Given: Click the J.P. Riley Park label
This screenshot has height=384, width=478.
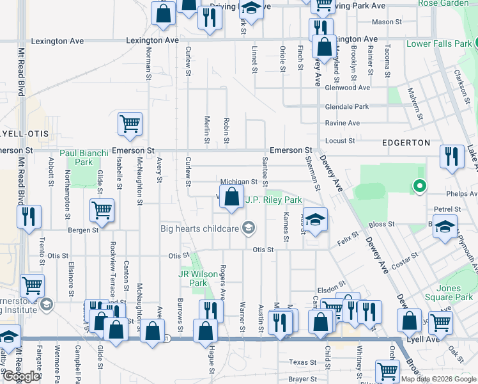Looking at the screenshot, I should click(274, 200).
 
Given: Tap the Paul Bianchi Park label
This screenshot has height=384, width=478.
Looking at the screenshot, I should click(85, 157).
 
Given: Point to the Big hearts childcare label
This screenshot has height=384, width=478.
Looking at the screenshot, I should click(201, 228).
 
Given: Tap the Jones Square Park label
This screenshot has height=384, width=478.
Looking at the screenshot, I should click(457, 292).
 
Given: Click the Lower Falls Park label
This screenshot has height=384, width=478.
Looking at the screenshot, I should click(440, 44).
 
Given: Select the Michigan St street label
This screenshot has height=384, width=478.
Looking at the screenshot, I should click(238, 182).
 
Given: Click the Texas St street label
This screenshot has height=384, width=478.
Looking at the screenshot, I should click(303, 362).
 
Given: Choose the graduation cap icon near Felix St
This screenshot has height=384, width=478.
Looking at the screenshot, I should click(314, 220).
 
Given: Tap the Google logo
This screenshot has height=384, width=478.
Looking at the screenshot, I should click(21, 376).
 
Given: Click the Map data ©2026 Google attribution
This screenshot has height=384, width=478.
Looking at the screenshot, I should click(438, 379).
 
